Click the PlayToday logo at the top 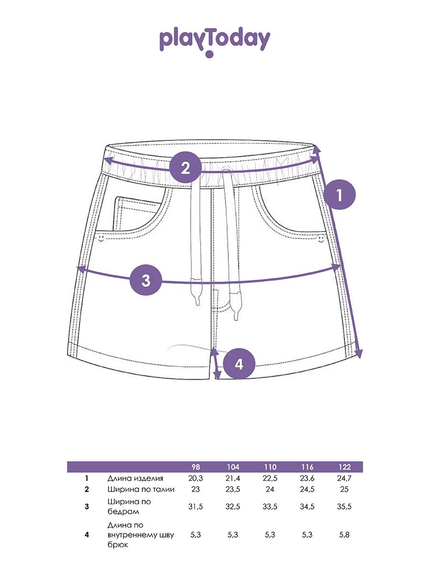(x=215, y=42)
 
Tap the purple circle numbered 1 (x=339, y=194)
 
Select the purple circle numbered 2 (x=185, y=167)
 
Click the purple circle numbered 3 (x=146, y=280)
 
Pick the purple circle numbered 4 (x=239, y=364)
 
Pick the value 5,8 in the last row (x=344, y=535)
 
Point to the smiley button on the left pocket (x=101, y=238)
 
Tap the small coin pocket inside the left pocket (x=136, y=213)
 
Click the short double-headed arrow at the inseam (x=216, y=363)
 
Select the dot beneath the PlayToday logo (x=209, y=54)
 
